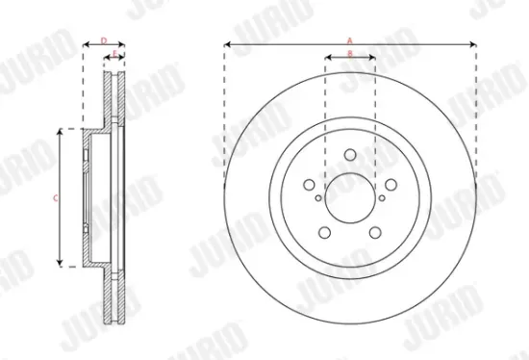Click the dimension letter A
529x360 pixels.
pyautogui.click(x=350, y=39)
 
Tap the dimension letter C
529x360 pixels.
pyautogui.click(x=55, y=197)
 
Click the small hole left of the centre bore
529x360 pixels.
pyautogui.click(x=317, y=198)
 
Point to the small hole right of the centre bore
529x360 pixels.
pyautogui.click(x=383, y=198)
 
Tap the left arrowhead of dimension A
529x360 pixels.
pyautogui.click(x=226, y=44)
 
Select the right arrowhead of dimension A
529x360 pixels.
pyautogui.click(x=475, y=44)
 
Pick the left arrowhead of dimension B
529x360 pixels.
pyautogui.click(x=328, y=58)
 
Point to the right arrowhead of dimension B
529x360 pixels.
pyautogui.click(x=373, y=58)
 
